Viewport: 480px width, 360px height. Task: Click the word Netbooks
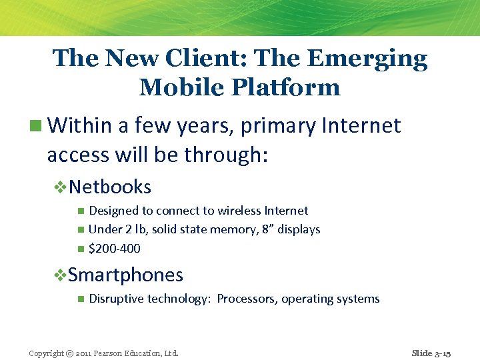coord(110,187)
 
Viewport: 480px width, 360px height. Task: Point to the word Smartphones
coord(125,275)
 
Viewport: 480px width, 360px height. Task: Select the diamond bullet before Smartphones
coord(60,275)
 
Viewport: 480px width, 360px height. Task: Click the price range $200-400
coord(115,249)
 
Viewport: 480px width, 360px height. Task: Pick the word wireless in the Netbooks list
coord(240,211)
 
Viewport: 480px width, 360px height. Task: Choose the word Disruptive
coord(116,299)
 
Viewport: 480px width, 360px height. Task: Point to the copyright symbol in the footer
coord(69,353)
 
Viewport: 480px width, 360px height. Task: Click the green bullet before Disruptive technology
coord(80,299)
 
